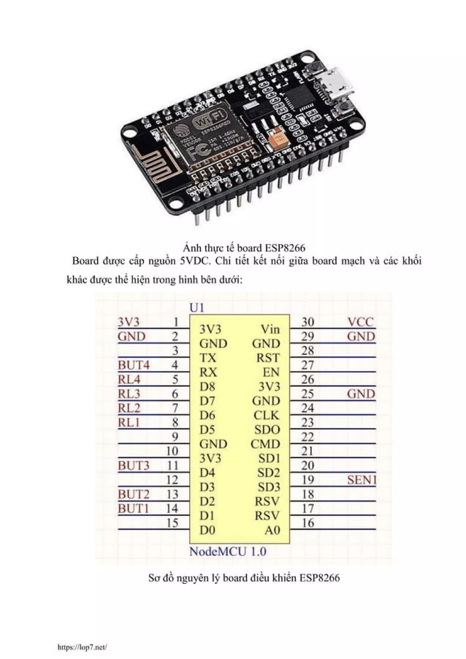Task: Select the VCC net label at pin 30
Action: click(x=361, y=322)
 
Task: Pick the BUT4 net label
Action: click(x=134, y=365)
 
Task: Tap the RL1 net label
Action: click(x=129, y=422)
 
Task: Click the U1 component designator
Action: click(x=197, y=308)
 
